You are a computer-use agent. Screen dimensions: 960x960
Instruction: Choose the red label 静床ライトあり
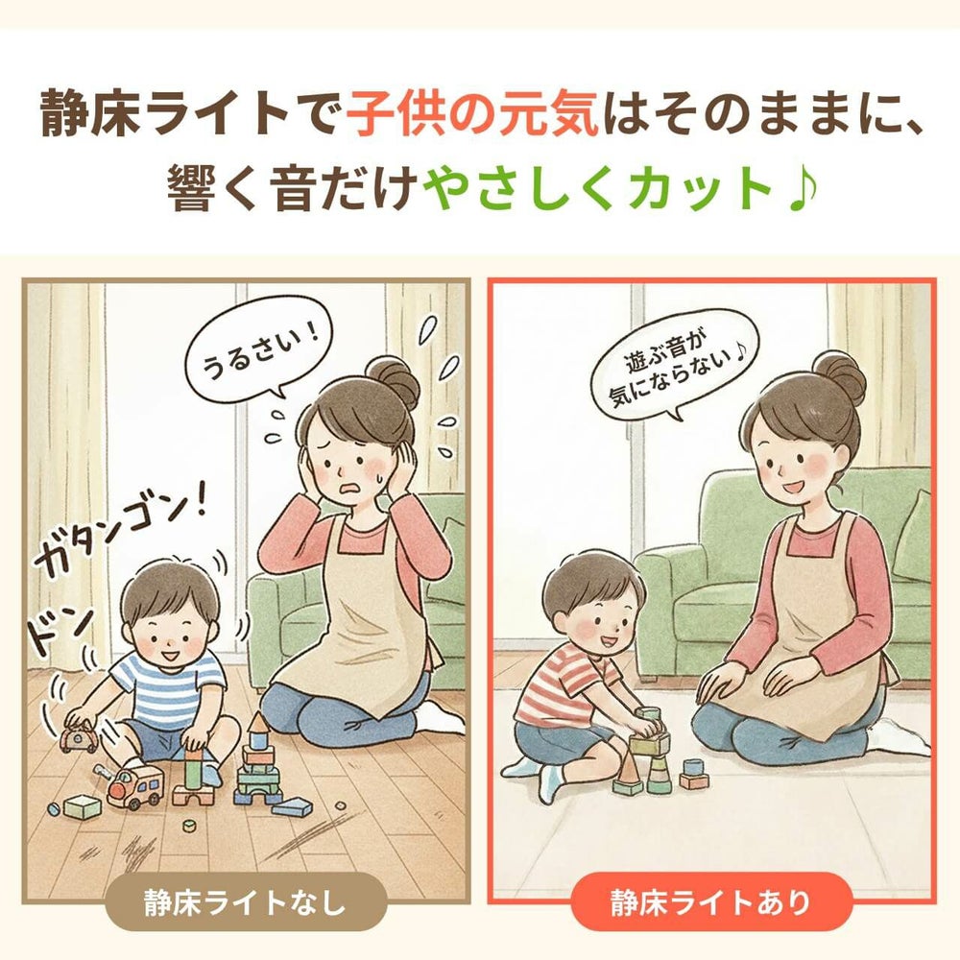pyautogui.click(x=710, y=901)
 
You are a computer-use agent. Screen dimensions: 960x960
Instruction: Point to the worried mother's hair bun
pyautogui.click(x=396, y=378)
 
